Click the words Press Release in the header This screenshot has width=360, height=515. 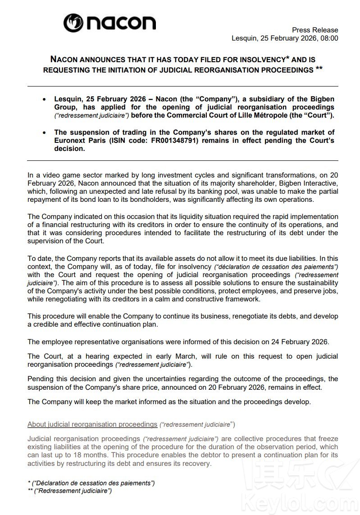click(x=315, y=29)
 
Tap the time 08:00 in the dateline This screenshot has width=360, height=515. click(x=329, y=38)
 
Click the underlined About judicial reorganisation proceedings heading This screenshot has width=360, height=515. click(x=92, y=424)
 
